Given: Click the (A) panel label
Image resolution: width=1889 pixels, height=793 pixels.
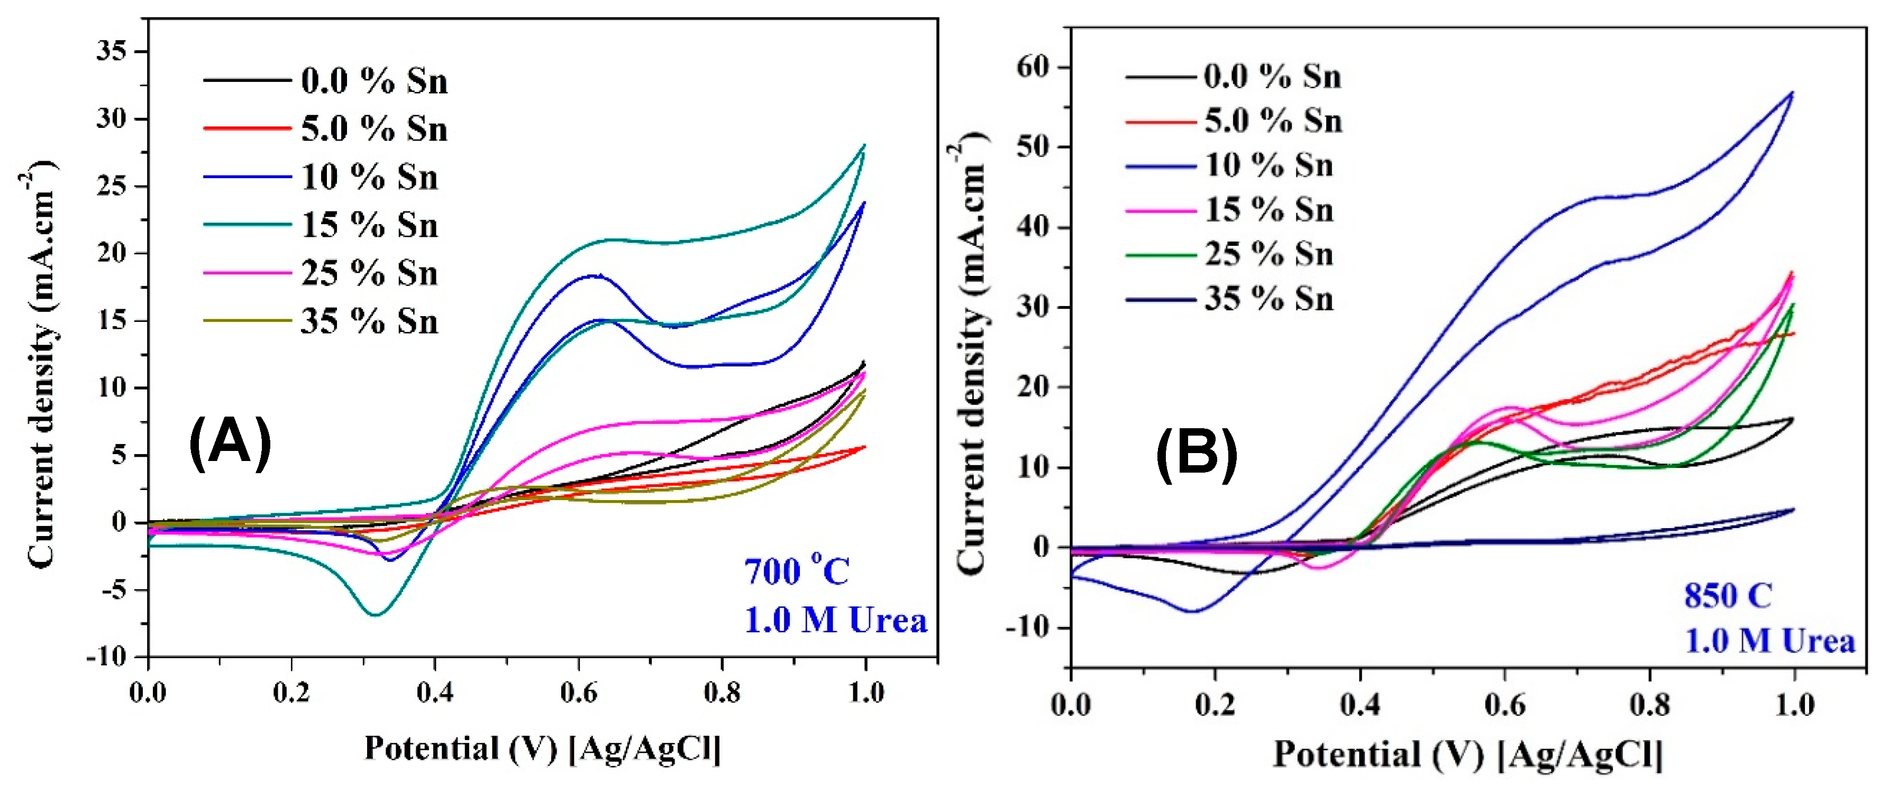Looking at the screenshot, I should coord(230,442).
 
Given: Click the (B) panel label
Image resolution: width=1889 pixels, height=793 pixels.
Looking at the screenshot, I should coord(1197,455).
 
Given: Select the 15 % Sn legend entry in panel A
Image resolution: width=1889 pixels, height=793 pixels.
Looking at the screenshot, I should coord(369,225).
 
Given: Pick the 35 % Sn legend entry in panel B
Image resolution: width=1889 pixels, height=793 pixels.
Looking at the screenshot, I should coord(1269,299).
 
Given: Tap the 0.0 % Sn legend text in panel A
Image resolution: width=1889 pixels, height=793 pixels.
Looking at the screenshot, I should coord(374,80).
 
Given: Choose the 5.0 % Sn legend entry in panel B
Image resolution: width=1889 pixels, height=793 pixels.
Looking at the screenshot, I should coord(1273,121).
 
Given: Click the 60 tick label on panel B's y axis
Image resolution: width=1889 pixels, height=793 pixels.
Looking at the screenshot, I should coord(1034,67).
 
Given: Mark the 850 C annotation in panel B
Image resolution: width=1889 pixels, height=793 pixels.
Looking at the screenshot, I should coord(1727,595).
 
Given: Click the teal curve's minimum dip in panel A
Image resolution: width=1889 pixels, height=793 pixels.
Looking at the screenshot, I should coord(375,614).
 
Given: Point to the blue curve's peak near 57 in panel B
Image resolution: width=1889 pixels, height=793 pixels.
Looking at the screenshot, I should coord(1792,93).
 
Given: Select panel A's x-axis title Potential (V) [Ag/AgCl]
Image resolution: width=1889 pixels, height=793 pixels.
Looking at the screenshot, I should coord(543,748).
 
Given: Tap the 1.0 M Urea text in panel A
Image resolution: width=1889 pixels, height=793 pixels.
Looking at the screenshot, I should coord(836,621).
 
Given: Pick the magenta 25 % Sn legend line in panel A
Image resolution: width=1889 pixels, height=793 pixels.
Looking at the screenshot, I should coord(247,273).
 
